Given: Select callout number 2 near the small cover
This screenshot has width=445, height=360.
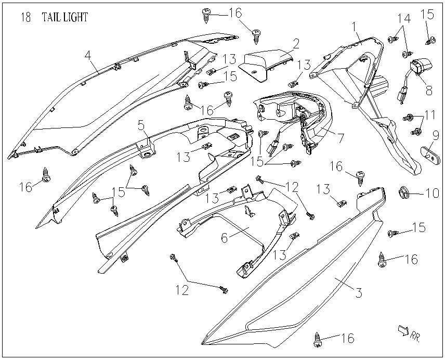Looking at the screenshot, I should pos(295,43).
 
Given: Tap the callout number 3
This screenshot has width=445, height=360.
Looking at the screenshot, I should pos(358,292).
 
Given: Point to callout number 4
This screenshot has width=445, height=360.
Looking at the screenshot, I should pos(88,54).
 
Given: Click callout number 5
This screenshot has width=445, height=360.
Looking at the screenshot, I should pos(140,125).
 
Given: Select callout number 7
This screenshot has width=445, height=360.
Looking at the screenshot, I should pos(341,138).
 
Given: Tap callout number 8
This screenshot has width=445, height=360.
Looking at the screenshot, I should pos(428,89).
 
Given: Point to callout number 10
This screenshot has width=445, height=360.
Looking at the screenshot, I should pos(432,194).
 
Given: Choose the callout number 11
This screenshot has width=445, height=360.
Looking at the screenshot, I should pos(429,114).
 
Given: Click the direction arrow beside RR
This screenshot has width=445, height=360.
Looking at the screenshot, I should pos(402,330).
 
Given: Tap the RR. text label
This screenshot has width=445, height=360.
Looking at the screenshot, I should pos(415,336).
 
